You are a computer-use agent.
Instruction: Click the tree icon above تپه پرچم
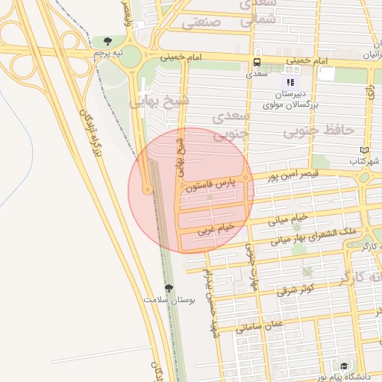tap(109, 42)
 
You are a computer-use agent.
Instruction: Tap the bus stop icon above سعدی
tap(257, 63)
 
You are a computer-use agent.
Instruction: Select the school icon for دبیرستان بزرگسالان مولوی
tap(290, 82)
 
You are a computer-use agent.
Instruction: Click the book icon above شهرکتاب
tap(364, 149)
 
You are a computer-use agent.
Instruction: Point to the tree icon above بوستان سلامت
tap(168, 287)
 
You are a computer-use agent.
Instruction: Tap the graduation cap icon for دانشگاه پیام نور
tap(344, 366)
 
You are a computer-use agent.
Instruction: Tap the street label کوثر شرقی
tap(298, 288)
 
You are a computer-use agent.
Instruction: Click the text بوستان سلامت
tap(169, 300)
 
